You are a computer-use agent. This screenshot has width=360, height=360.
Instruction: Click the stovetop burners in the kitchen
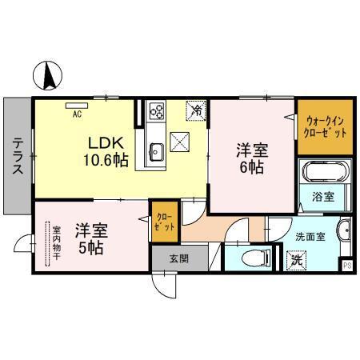click(156, 112)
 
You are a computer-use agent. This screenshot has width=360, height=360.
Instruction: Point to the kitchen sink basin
click(156, 152)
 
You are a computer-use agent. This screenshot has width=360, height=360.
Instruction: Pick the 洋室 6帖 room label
click(250, 156)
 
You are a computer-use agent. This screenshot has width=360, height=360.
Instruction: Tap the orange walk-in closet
click(325, 126)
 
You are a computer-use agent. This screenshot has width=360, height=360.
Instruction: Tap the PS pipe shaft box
click(347, 266)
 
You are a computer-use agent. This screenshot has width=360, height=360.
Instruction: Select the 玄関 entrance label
click(179, 258)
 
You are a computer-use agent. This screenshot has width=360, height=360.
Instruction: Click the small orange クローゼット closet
click(163, 221)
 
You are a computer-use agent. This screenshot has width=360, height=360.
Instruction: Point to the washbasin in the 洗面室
click(343, 233)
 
